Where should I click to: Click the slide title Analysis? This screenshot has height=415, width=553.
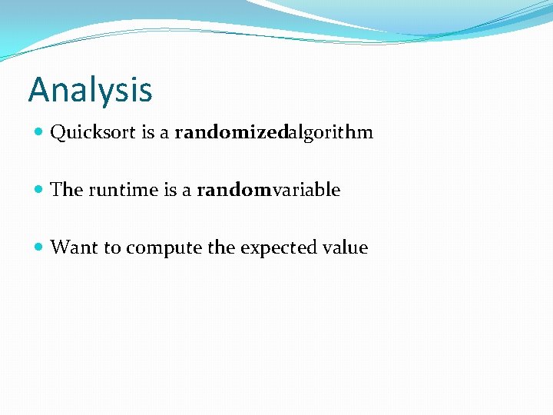(91, 91)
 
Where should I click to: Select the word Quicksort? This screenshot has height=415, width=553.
(93, 133)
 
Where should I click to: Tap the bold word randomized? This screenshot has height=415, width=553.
(231, 133)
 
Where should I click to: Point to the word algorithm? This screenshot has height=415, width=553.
(330, 133)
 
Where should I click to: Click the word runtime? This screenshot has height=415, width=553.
(124, 190)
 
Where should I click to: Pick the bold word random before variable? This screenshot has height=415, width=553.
(234, 190)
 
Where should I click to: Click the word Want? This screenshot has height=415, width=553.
(74, 247)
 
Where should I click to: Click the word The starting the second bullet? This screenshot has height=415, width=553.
(66, 190)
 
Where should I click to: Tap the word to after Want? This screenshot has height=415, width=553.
(112, 247)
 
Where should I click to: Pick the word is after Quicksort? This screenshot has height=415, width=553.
(149, 133)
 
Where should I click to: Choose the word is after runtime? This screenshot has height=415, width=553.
(171, 190)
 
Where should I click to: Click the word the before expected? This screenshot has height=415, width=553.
(222, 247)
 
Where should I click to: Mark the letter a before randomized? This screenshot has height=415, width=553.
(165, 134)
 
